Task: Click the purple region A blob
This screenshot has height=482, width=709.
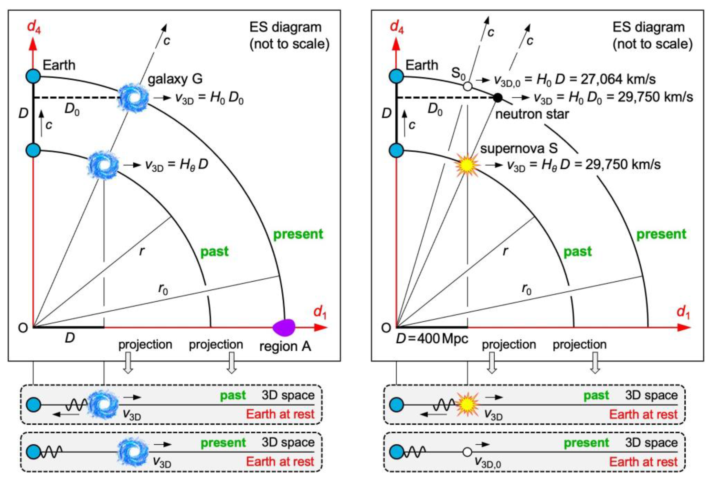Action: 284,327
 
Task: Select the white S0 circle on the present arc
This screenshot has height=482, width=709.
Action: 467,86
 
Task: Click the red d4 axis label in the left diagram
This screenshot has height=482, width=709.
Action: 34,26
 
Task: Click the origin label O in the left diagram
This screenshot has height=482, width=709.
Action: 23,328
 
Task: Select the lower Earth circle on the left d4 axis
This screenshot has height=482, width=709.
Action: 33,150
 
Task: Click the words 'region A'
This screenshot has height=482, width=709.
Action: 285,346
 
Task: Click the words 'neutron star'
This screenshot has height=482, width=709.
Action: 532,114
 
